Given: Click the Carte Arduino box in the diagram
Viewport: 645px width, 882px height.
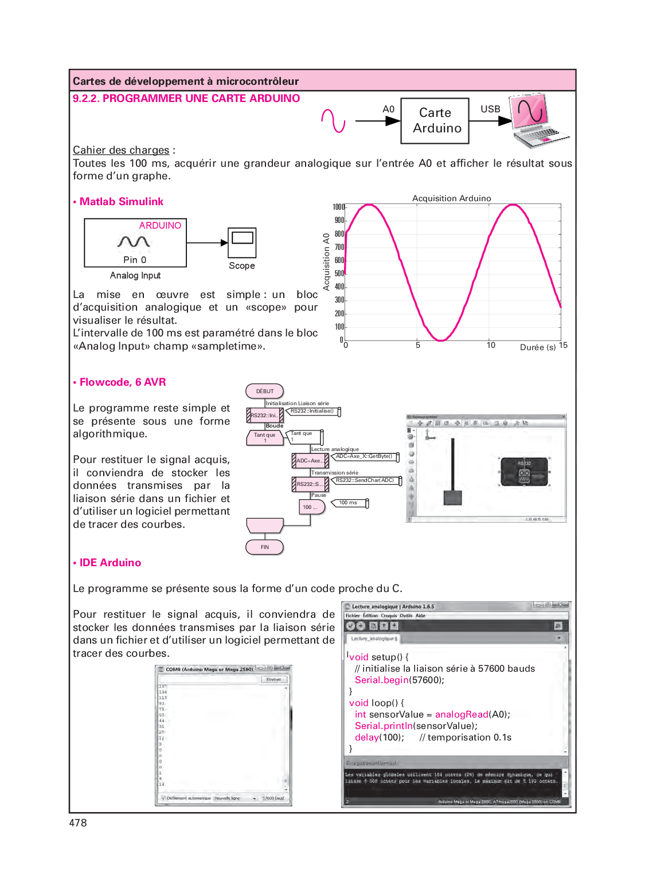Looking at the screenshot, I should [435, 120].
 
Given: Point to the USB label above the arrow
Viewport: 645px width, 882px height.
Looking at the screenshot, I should [490, 109].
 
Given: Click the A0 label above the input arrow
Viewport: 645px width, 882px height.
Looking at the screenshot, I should [388, 109].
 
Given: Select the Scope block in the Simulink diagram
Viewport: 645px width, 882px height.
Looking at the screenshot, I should [242, 243].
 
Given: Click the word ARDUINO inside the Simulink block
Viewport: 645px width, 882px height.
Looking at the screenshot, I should [160, 226].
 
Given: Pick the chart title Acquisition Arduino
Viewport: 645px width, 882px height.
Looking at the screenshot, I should [451, 198].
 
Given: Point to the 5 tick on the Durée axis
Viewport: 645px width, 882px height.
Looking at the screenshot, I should [418, 346].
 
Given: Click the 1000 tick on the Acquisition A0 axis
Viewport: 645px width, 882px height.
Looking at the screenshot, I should [339, 207].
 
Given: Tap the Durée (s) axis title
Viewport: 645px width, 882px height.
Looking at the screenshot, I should [538, 347].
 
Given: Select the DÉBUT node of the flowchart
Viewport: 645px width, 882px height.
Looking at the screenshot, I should [265, 391].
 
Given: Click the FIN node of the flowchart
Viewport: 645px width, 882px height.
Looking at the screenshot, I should [265, 547].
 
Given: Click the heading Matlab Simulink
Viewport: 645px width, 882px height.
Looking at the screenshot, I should [122, 202].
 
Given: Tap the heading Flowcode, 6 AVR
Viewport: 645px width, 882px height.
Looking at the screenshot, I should [123, 382].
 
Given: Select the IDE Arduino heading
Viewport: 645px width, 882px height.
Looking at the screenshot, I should [110, 563].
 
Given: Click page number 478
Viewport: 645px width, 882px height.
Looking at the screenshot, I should [78, 823].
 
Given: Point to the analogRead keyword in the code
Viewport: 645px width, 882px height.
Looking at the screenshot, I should [462, 715].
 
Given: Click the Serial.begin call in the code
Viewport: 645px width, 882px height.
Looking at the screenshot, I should [381, 680].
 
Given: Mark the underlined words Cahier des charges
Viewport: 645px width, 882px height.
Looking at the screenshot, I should [121, 150].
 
